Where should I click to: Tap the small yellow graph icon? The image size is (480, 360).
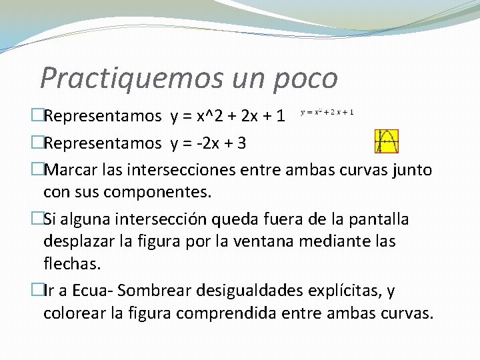click(x=386, y=141)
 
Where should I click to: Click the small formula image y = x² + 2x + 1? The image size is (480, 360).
click(x=327, y=112)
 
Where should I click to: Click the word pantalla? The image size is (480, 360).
click(x=378, y=219)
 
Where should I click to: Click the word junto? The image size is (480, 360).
click(x=413, y=170)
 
